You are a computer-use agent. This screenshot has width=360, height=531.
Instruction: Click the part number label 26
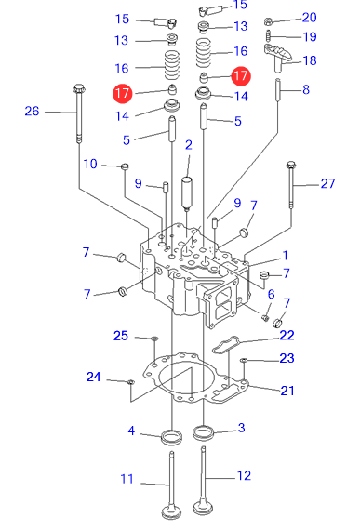coord(32,111)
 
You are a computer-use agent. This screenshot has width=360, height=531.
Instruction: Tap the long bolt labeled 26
coord(79,113)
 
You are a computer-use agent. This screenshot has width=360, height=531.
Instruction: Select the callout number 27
coord(327,183)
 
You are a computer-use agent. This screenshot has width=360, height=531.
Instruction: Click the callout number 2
coord(189,145)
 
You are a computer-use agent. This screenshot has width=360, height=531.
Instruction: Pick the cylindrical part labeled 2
coord(187,192)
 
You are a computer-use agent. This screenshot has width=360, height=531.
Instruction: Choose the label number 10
coord(90,164)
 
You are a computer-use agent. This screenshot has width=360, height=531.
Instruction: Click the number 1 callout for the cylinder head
coord(286,256)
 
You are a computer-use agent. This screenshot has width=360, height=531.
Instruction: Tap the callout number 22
coord(287,336)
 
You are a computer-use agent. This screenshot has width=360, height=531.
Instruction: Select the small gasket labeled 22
coord(226,344)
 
